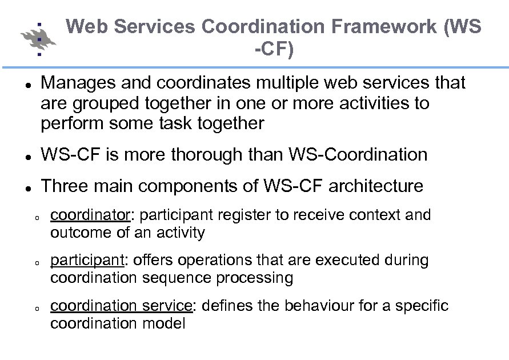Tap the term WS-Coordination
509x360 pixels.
pos(358,154)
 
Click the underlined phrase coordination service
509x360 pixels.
pos(121,306)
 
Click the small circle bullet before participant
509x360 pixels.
pos(36,263)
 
